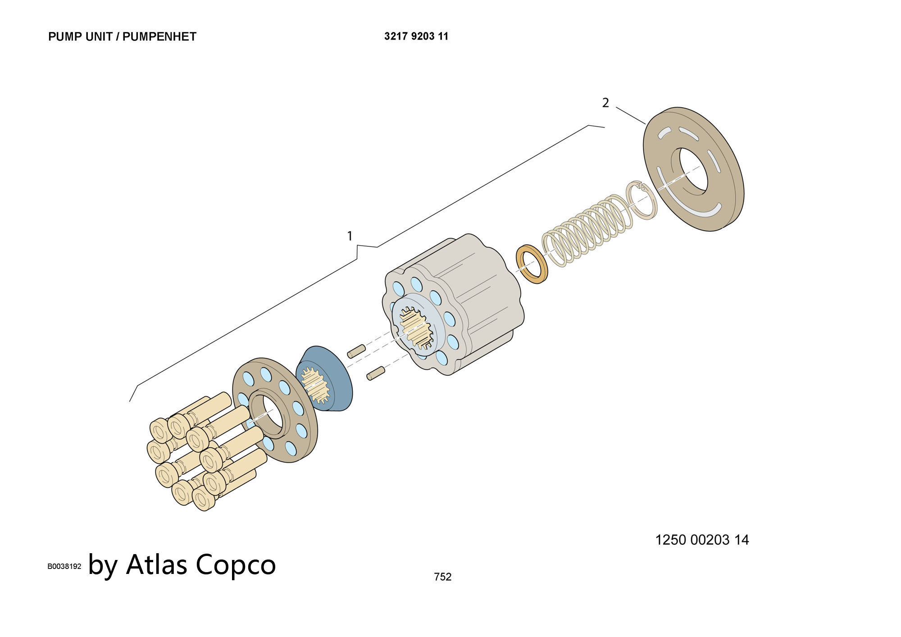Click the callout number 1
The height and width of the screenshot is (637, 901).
tap(350, 236)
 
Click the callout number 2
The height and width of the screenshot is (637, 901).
tap(605, 103)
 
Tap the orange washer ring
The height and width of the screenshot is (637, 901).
tap(532, 264)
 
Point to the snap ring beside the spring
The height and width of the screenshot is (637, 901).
tap(642, 200)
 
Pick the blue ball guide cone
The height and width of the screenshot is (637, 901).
tap(324, 379)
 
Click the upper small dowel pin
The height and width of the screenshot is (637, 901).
tap(356, 351)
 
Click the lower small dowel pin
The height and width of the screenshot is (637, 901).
tap(376, 373)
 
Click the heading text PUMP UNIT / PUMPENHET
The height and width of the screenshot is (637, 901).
tap(122, 36)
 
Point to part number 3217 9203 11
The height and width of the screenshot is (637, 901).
tap(416, 36)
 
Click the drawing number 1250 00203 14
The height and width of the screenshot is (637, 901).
tap(702, 540)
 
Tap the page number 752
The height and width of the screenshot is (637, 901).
tap(442, 577)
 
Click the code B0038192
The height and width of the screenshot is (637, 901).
tap(64, 566)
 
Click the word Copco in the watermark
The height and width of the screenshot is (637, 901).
tap(236, 564)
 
